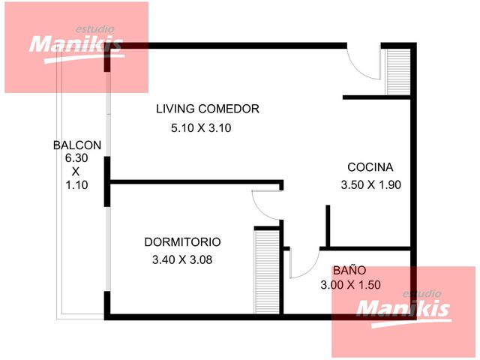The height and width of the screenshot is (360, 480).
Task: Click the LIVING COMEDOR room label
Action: click(x=208, y=109)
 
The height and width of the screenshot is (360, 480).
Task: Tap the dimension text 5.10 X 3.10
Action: click(x=201, y=128)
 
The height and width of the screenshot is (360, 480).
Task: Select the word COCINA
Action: click(x=370, y=167)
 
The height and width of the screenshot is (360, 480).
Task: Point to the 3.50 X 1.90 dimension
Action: click(x=371, y=185)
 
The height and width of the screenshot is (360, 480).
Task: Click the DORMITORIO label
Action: click(x=182, y=242)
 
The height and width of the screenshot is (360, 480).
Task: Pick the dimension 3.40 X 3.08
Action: click(x=182, y=260)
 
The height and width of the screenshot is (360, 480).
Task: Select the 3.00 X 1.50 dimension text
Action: click(x=350, y=285)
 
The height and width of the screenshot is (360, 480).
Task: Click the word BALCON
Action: click(x=77, y=145)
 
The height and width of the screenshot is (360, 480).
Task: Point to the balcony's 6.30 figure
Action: click(x=76, y=158)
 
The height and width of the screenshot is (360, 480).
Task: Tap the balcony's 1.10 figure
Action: click(x=76, y=185)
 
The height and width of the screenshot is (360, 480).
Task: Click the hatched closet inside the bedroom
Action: click(x=267, y=271)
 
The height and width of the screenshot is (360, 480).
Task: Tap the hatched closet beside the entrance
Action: click(x=398, y=72)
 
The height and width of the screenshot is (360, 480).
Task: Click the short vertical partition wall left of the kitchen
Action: click(x=328, y=226)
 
